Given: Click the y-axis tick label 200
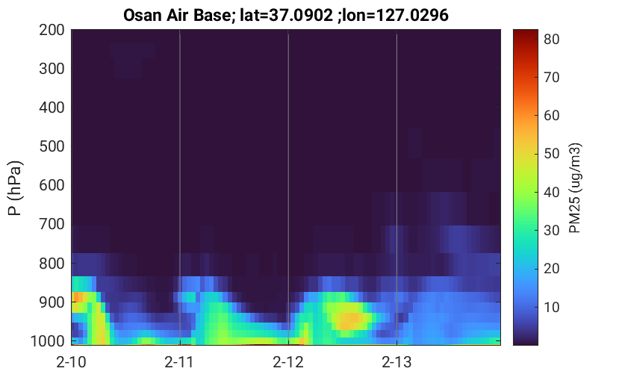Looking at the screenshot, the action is point(52,30).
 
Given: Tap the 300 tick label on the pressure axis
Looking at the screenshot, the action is point(52,69).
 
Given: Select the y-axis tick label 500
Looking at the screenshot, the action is point(52,146).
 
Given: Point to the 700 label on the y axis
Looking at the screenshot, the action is point(52,224).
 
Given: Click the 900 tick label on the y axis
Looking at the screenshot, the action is point(52,302).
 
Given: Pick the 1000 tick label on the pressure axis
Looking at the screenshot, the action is point(48,340).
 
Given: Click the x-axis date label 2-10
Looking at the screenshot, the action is point(71,362).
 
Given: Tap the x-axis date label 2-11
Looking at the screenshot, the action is point(179,362).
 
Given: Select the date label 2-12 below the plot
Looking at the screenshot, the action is point(288,362).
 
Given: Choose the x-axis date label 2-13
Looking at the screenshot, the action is point(396,362).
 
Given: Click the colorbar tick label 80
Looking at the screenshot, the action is point(551,39).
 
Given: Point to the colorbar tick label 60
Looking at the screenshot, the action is point(551,116).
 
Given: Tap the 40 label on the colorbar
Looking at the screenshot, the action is point(551,193).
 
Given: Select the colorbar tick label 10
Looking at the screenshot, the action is point(551,307).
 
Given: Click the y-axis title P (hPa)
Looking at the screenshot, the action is point(15,188).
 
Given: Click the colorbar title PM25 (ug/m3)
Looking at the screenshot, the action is point(574,188).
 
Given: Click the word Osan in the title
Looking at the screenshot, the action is point(142,16).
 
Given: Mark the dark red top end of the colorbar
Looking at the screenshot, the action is point(526,31).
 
